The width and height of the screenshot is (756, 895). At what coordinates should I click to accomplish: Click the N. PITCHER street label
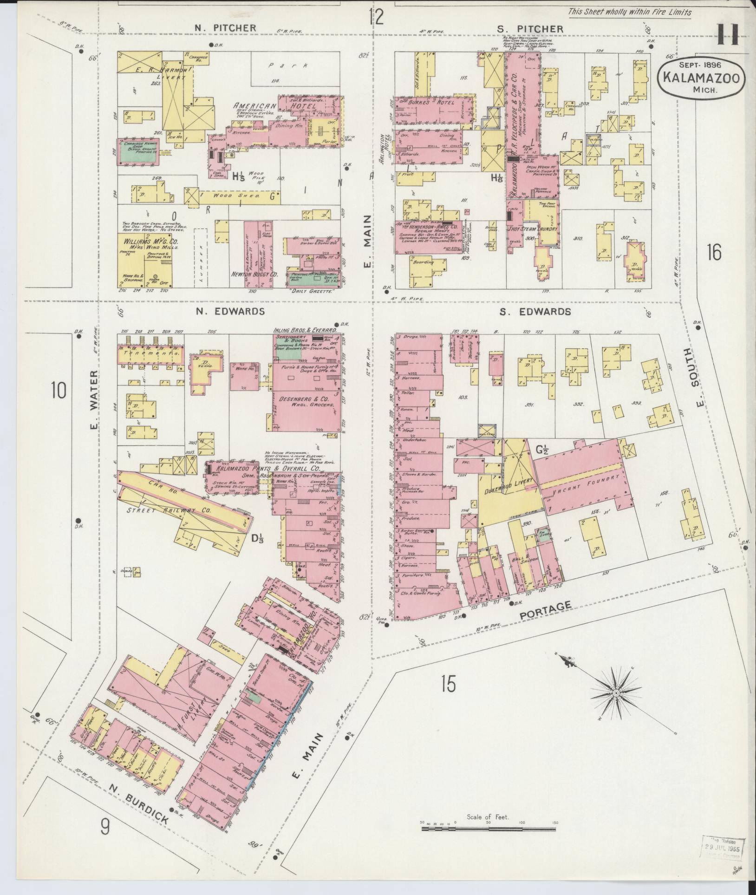225,28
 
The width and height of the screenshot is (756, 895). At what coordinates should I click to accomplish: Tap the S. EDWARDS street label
535,312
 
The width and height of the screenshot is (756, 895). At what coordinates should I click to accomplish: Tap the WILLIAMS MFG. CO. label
150,244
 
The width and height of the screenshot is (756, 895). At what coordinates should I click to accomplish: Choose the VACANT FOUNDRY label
583,486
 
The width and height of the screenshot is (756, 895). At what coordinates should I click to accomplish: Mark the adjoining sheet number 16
715,254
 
